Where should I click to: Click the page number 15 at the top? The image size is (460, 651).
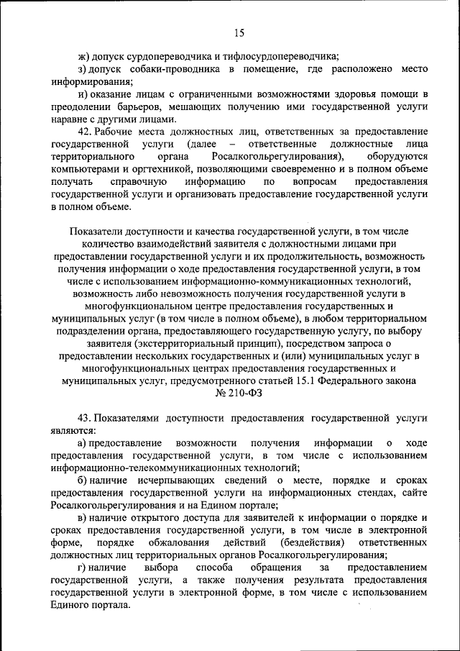point(239,32)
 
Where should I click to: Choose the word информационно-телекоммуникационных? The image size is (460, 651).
point(143,468)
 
